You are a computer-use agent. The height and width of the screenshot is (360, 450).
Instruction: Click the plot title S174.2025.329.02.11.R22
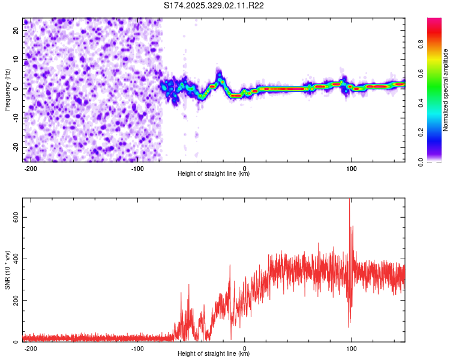click(214, 6)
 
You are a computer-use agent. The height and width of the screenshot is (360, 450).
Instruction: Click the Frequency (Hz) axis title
click(7, 89)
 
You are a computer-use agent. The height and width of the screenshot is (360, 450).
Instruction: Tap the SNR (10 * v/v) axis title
click(7, 270)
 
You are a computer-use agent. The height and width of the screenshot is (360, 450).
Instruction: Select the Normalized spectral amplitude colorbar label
click(446, 90)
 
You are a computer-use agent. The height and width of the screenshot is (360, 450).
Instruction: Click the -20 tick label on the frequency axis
click(16, 147)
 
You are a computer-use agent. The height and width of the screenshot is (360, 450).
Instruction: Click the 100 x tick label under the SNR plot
click(351, 348)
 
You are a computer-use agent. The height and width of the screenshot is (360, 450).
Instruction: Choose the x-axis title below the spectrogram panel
click(214, 174)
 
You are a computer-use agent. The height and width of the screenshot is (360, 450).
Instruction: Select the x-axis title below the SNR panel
click(214, 354)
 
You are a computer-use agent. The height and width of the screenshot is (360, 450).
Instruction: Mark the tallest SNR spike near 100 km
click(350, 201)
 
